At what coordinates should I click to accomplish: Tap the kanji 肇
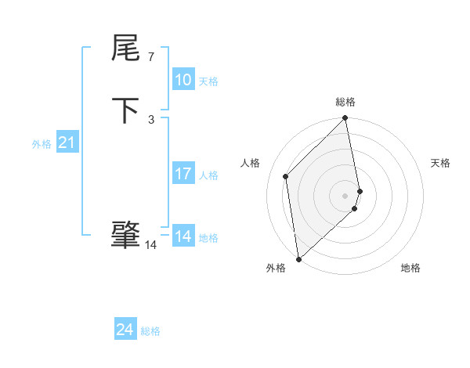click(125, 236)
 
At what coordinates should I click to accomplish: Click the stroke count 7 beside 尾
click(150, 57)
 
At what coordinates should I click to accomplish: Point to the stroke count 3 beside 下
click(151, 119)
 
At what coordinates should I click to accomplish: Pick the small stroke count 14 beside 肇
click(150, 245)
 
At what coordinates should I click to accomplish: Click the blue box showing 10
click(183, 80)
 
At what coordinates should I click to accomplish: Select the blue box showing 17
click(183, 174)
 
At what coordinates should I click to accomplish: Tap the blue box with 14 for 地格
click(183, 236)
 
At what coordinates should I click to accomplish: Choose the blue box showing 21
click(67, 143)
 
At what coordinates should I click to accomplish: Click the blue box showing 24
click(125, 330)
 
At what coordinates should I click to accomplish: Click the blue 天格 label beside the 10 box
click(208, 81)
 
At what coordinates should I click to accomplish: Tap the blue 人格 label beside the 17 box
click(208, 175)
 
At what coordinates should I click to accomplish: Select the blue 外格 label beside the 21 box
click(42, 143)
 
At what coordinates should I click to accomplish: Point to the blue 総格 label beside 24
click(150, 331)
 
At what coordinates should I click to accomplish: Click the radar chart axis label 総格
click(345, 102)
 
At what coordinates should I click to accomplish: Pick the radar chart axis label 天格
click(440, 163)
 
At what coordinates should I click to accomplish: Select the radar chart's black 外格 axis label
click(275, 269)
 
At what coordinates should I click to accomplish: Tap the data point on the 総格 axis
click(345, 119)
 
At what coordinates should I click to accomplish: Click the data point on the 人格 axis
click(286, 176)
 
